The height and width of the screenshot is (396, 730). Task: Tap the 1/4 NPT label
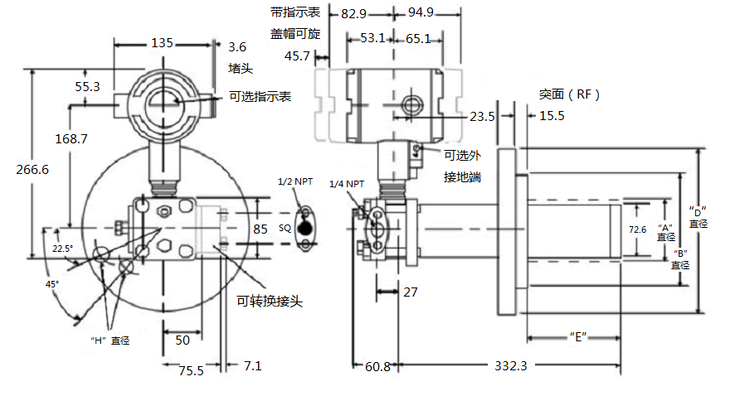tap(347, 184)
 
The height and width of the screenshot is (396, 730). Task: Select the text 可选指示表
tap(260, 96)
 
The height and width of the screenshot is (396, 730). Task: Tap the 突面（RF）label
tap(568, 94)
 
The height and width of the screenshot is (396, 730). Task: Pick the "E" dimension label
tap(573, 336)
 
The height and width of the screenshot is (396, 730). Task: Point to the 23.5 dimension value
tap(482, 117)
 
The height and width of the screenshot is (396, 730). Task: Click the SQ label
tap(285, 226)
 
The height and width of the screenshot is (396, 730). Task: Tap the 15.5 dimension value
tap(552, 117)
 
